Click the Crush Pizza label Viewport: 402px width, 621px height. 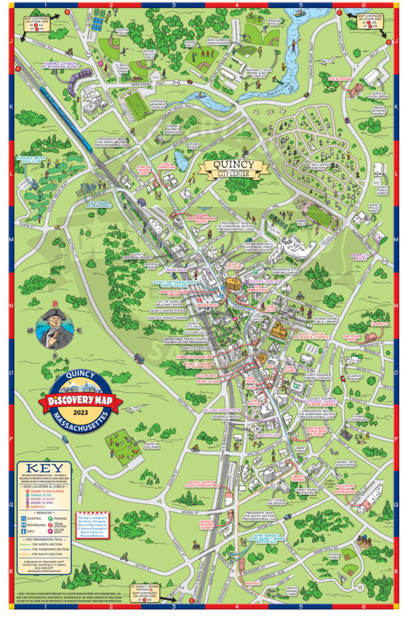209,306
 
